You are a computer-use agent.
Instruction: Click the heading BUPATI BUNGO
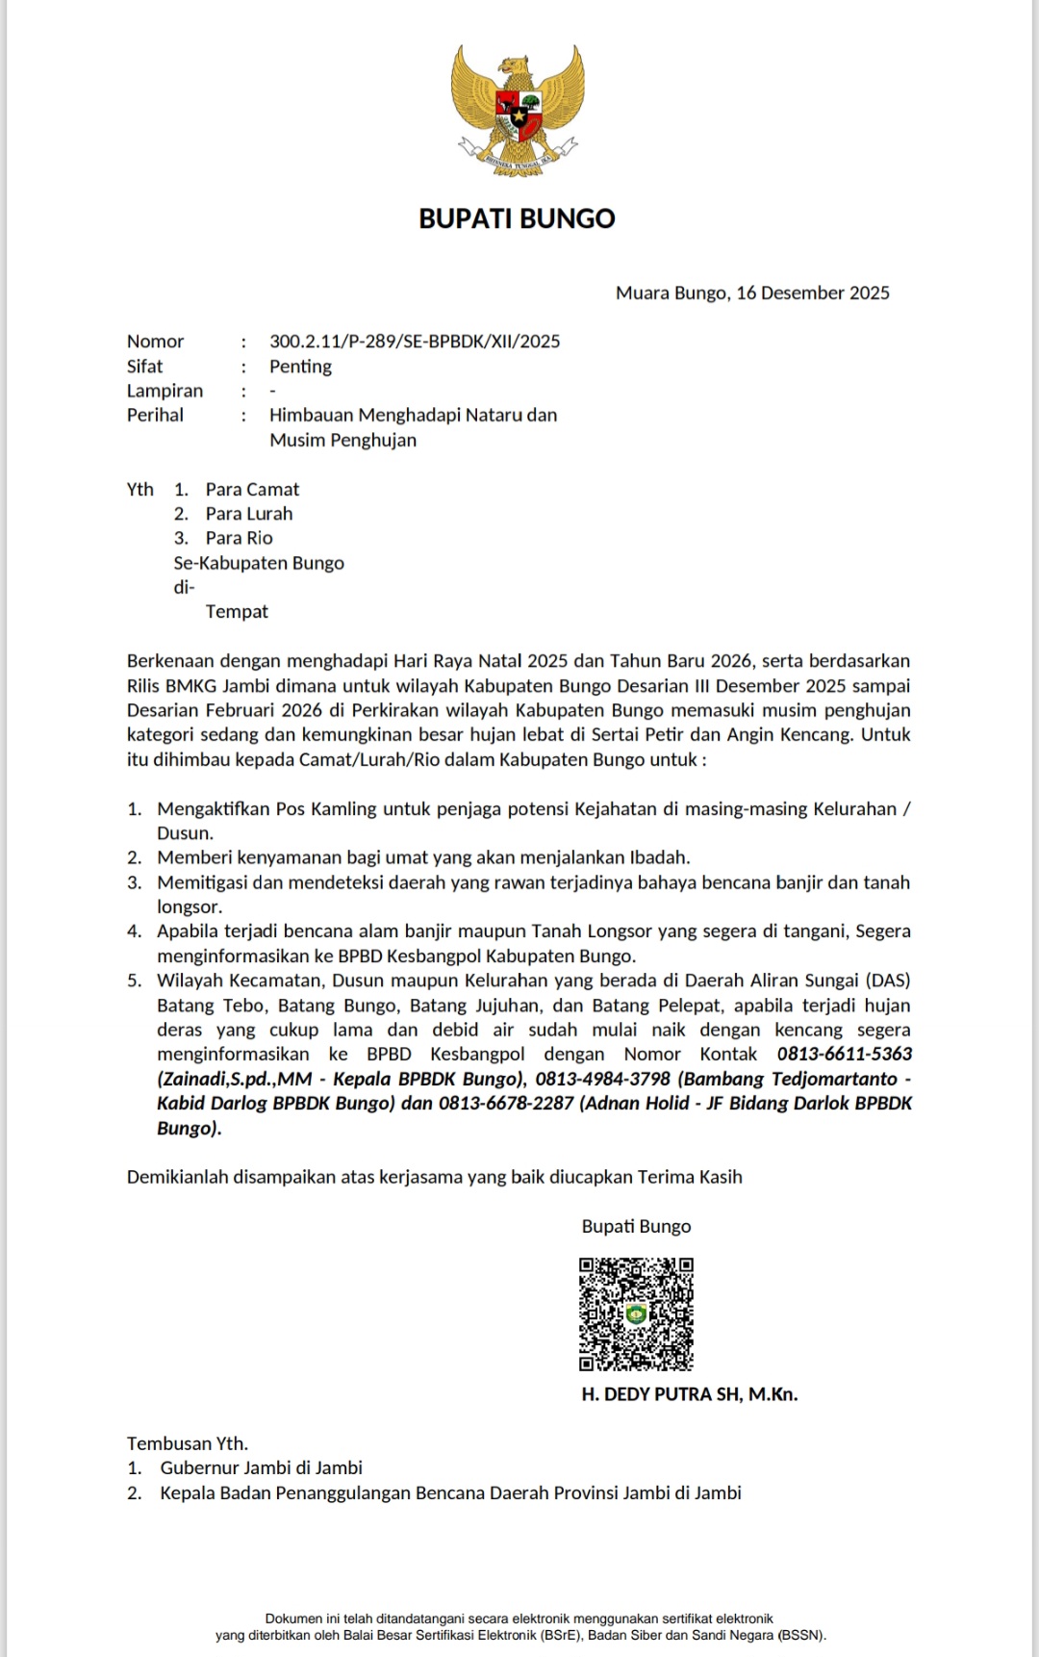tap(517, 219)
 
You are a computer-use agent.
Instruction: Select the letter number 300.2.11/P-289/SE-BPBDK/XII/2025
tap(415, 342)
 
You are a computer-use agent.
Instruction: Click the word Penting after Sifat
tap(300, 367)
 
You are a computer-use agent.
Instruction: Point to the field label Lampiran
tap(165, 391)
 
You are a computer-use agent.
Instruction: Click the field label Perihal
tap(155, 416)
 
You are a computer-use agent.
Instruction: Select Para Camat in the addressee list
tap(252, 490)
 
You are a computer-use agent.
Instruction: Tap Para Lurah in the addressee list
tap(249, 514)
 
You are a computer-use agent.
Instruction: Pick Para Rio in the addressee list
tap(240, 539)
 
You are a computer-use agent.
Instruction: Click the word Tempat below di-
tap(237, 612)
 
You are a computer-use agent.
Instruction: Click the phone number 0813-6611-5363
tap(845, 1055)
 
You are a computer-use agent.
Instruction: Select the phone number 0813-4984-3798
tap(602, 1080)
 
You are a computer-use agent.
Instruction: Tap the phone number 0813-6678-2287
tap(506, 1104)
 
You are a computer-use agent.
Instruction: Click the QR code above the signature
tap(636, 1313)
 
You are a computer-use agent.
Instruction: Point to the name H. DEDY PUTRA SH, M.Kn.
tap(690, 1394)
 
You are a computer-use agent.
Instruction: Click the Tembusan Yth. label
tap(188, 1443)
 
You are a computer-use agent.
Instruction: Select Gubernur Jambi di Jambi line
tap(261, 1468)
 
